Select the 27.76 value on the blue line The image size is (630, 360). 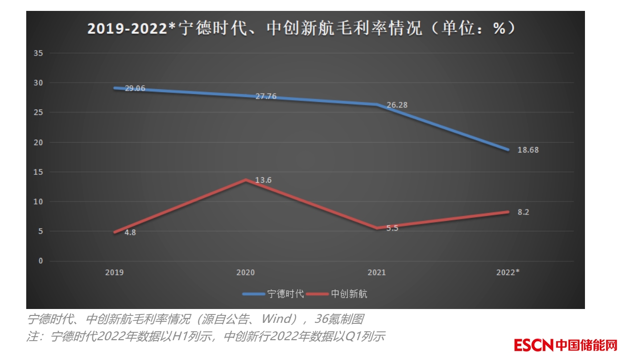(266, 97)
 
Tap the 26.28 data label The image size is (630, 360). (397, 105)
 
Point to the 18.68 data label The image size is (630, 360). (528, 150)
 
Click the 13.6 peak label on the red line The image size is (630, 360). (263, 180)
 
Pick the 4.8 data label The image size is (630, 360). (130, 232)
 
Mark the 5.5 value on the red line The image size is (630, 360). (392, 228)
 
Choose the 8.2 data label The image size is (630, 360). (524, 212)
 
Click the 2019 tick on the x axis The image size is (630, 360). (114, 272)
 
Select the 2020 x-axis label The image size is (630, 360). (245, 272)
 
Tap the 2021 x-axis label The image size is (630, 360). (377, 272)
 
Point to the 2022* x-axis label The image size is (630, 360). (508, 272)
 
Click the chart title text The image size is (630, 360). (301, 28)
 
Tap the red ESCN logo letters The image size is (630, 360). (533, 345)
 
